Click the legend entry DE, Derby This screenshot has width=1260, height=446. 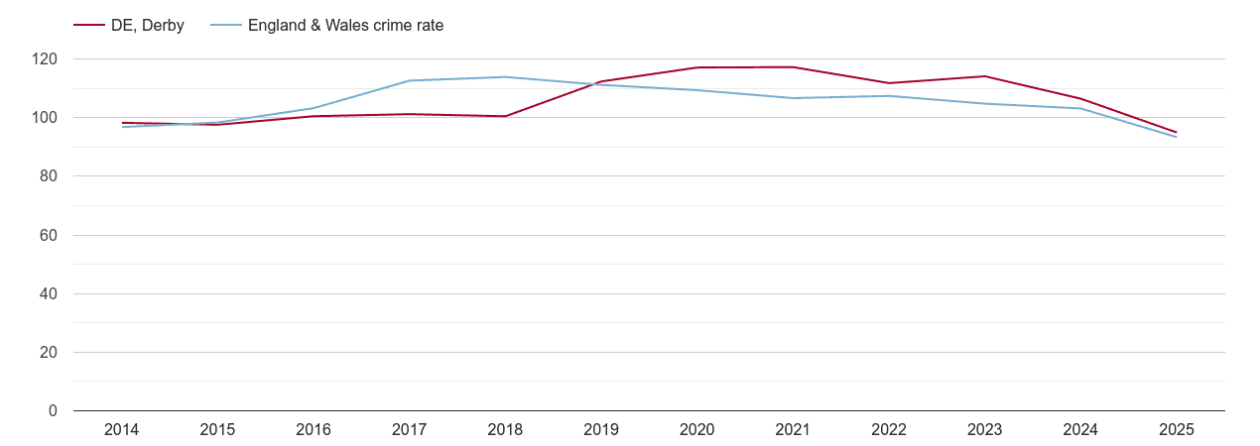point(147,26)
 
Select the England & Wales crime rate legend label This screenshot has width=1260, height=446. point(345,26)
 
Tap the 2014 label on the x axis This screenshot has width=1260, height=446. point(121,430)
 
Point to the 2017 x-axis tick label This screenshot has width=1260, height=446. point(409,430)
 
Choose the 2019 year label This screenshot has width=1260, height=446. point(601,430)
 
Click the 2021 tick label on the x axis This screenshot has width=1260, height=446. point(793,430)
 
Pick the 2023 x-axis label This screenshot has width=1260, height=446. point(984,430)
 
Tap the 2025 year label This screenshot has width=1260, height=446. point(1176,430)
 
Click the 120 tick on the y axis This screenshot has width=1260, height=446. point(46,59)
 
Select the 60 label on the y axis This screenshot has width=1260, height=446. point(50,235)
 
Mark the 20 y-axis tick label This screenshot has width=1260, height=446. point(50,353)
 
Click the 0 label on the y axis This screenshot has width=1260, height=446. point(54,411)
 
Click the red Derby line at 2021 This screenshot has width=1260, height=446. point(793,67)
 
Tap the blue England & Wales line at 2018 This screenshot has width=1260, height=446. point(505,77)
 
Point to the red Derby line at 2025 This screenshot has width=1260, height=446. point(1176,132)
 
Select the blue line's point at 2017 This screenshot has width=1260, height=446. point(409,80)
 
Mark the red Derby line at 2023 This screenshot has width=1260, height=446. point(984,76)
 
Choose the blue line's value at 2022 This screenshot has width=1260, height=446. point(889,96)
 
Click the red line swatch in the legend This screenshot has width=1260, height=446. point(89,26)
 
